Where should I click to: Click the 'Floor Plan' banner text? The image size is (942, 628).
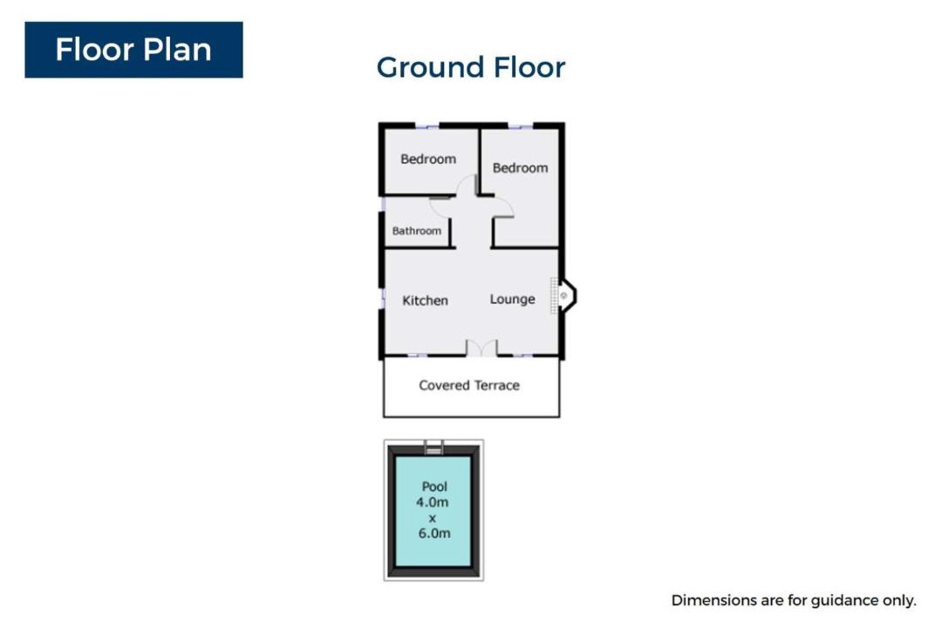tap(133, 50)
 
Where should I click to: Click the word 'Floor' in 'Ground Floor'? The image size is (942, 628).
tap(529, 67)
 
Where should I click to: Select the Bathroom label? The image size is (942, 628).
tap(416, 231)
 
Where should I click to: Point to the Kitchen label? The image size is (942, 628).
tap(425, 300)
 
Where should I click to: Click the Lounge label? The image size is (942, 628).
tap(512, 299)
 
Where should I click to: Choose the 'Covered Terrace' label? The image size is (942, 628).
tap(469, 386)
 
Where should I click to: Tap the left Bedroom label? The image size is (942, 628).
tap(428, 160)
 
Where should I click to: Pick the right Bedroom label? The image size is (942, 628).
tap(520, 167)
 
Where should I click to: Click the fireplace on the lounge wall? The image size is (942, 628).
tap(564, 296)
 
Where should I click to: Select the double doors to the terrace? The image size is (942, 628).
tap(481, 349)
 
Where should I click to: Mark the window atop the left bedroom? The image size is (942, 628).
tap(427, 126)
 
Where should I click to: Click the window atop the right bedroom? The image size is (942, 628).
tap(520, 126)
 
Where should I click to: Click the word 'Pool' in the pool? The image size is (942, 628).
tap(434, 486)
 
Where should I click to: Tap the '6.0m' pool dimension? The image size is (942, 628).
tap(434, 533)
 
